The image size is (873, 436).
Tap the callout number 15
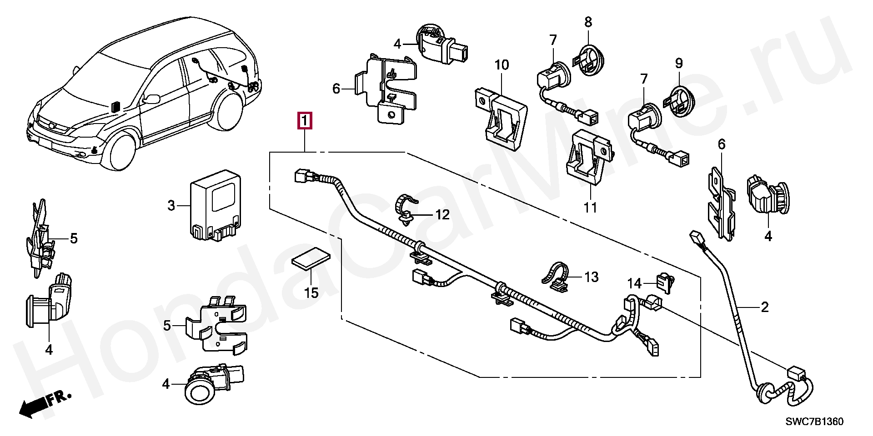[311, 293]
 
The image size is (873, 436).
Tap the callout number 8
[588, 21]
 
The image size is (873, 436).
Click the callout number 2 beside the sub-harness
[764, 307]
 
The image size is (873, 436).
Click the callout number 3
[171, 206]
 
